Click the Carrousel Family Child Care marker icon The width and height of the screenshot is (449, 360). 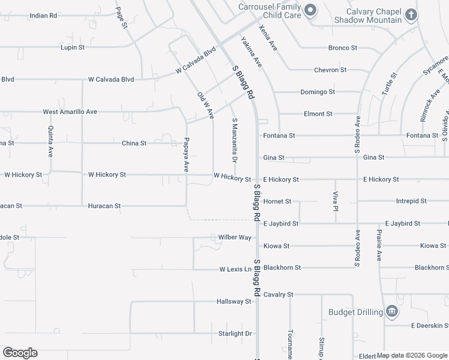pos(310,10)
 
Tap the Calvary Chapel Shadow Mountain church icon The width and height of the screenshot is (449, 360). pos(411,14)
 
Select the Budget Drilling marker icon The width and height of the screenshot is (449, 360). pos(391,311)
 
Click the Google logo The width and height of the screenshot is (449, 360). pos(20,353)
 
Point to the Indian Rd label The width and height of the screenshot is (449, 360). pos(43,15)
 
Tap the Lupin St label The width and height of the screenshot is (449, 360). pos(74,47)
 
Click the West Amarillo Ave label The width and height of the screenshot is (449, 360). pos(70,112)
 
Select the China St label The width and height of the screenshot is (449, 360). pos(134,143)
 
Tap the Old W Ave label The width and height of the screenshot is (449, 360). pos(205,105)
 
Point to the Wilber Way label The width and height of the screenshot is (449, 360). pos(234,238)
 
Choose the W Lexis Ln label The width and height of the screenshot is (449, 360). pos(235,269)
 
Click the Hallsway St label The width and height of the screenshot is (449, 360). pos(234,302)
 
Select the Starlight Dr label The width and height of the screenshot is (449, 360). pos(235,334)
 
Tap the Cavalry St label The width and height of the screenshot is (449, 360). pos(278,295)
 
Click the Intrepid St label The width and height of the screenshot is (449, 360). pos(411,201)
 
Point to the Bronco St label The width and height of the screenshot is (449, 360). pos(343,48)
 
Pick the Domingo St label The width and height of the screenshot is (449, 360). pos(318,92)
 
